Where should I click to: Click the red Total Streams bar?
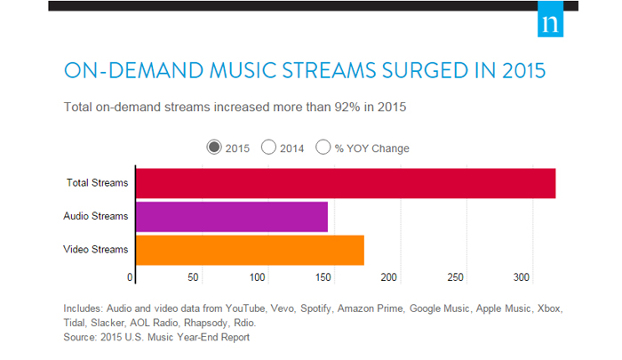[346, 183]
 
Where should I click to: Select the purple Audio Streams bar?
[232, 217]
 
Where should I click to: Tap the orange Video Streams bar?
[250, 250]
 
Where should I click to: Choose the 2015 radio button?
[214, 148]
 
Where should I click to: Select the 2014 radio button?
[268, 148]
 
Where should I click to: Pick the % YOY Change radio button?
[323, 148]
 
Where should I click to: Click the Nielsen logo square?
[550, 19]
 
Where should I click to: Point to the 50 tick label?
[193, 277]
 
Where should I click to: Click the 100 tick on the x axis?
[257, 277]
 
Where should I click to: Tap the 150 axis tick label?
[323, 277]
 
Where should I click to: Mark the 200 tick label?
[389, 277]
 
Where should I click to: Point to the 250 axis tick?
[455, 277]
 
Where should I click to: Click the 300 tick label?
[522, 277]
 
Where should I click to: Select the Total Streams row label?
[97, 182]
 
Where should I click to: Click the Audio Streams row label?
[96, 216]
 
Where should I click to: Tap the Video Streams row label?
[96, 249]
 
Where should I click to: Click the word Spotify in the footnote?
[315, 308]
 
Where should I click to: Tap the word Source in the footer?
[79, 338]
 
